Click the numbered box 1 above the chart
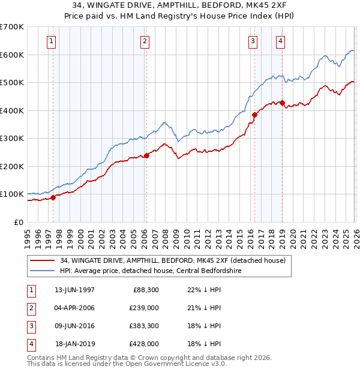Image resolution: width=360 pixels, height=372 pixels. tap(52, 41)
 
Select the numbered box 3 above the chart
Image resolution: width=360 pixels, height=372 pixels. tap(253, 41)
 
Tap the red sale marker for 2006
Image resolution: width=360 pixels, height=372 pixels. tap(146, 155)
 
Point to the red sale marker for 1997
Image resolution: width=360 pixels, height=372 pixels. tap(53, 197)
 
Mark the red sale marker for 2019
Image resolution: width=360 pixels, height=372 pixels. tap(282, 103)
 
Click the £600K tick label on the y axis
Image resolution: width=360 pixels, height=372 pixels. tap(11, 55)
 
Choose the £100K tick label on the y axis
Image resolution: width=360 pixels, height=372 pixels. tap(11, 194)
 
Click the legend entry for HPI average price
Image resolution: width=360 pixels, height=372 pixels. tap(159, 271)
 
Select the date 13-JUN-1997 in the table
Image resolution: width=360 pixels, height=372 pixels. tap(74, 290)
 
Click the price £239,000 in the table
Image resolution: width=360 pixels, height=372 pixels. tap(144, 308)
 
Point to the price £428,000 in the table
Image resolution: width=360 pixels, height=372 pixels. tap(144, 344)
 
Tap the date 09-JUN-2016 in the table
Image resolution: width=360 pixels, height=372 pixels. tap(74, 326)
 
